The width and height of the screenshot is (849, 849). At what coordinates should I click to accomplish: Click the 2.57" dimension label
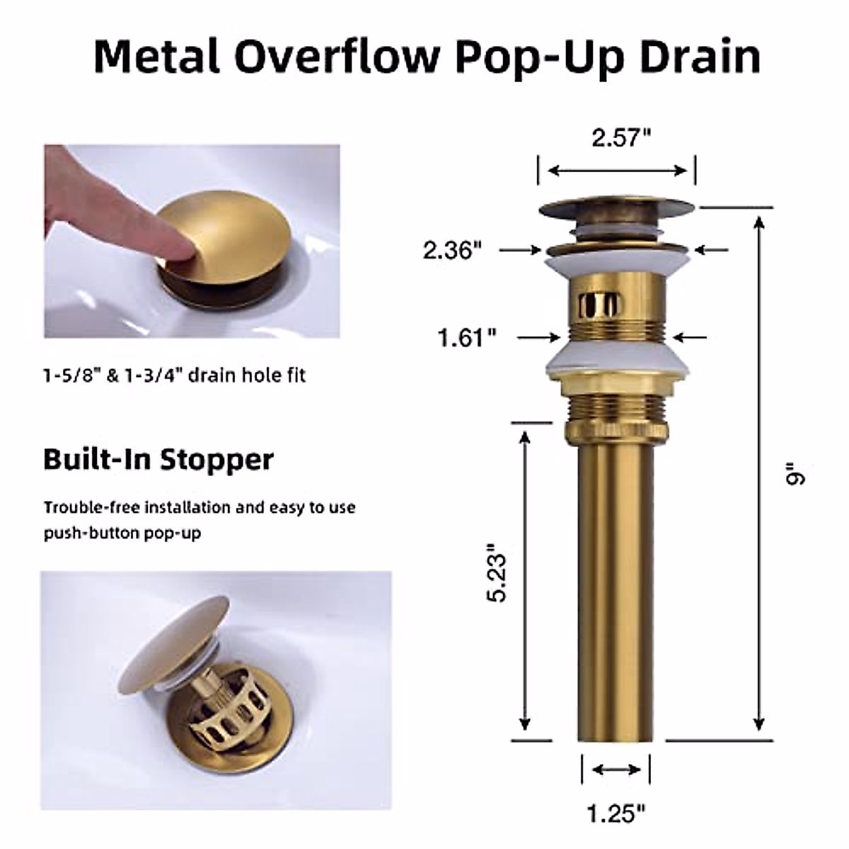(620, 138)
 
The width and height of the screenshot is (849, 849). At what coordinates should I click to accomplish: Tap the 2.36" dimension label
(452, 250)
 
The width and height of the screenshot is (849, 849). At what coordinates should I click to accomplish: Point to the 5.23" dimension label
(498, 572)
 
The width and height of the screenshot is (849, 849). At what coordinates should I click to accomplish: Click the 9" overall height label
(795, 475)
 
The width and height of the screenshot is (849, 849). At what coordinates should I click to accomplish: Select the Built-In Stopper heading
(158, 459)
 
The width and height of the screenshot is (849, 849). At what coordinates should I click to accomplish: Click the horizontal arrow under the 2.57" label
(617, 171)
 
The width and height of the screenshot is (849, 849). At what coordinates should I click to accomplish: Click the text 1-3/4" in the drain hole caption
(151, 374)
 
